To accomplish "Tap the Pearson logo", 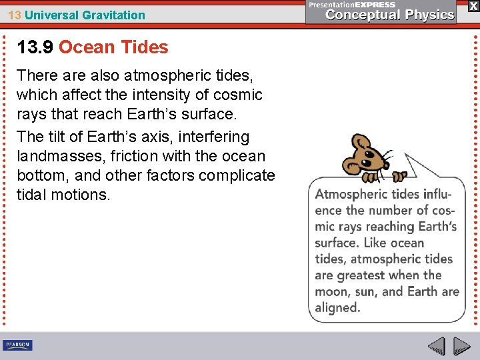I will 17,345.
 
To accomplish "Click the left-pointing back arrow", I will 436,346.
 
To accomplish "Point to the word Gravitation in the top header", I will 113,15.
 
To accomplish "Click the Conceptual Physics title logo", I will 390,15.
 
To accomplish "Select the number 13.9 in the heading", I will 35,47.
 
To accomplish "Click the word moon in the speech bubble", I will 331,291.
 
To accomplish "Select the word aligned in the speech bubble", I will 337,307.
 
